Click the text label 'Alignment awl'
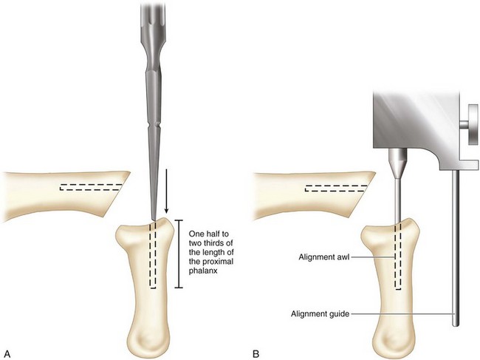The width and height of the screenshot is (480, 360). coord(324,257)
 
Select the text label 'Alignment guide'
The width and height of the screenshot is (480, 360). coord(320,313)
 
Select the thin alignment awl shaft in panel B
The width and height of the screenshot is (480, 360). coord(396,200)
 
